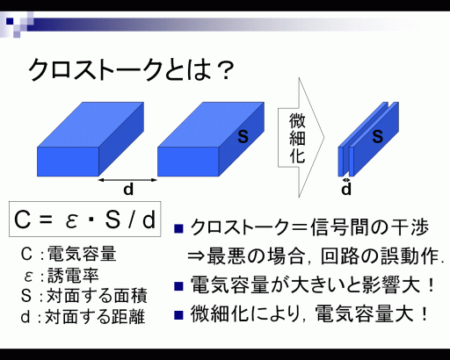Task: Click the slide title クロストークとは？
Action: click(131, 69)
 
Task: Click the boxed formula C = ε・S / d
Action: click(85, 219)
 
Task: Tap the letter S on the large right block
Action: click(243, 136)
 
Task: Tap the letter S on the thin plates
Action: click(377, 136)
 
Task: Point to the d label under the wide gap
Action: click(128, 190)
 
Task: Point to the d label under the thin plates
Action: click(346, 190)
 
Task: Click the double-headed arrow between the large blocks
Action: click(127, 180)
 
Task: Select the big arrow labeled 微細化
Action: click(301, 138)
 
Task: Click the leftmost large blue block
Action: click(91, 139)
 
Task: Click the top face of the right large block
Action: click(211, 125)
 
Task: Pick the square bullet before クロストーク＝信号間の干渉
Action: click(178, 228)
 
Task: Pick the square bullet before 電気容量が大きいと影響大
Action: click(178, 286)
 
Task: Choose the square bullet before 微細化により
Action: click(178, 315)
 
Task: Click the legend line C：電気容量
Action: click(69, 254)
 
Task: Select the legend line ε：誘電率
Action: click(61, 276)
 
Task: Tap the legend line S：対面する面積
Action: click(83, 296)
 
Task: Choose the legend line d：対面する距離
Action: click(83, 317)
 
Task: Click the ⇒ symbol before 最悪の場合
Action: click(196, 256)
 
